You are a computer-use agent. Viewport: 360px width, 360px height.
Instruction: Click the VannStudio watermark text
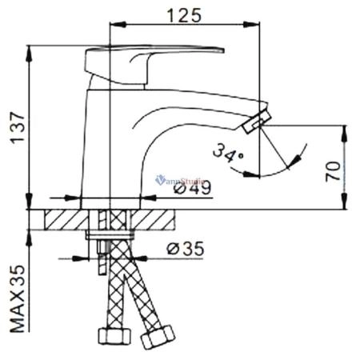(x=181, y=180)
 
